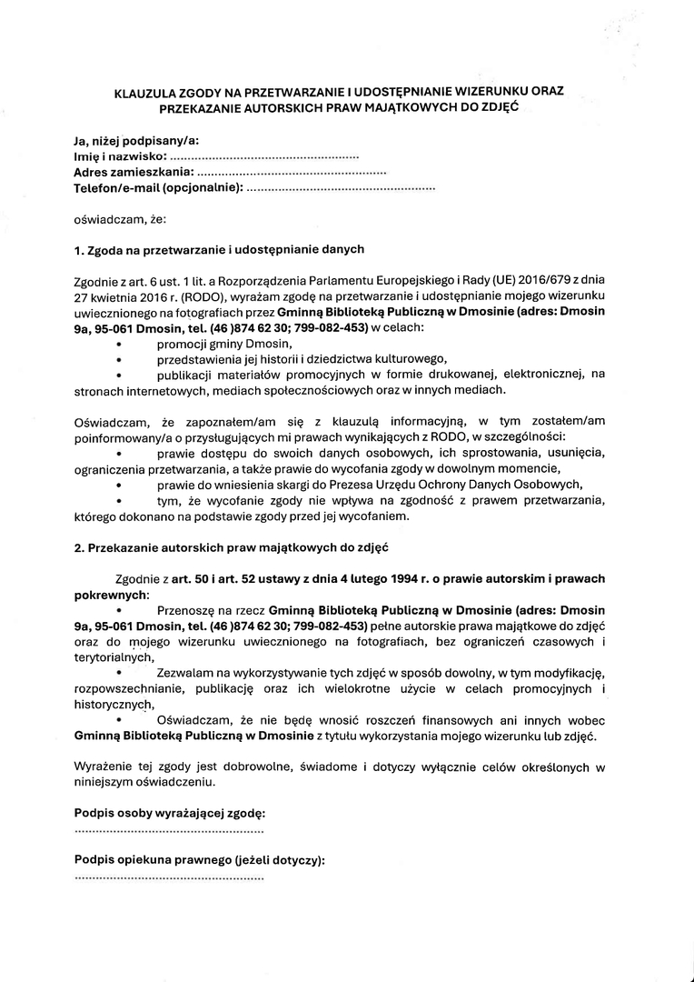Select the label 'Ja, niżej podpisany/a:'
pyautogui.click(x=136, y=141)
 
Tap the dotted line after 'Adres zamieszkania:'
pyautogui.click(x=291, y=172)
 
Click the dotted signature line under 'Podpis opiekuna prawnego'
pyautogui.click(x=169, y=878)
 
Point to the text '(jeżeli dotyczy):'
pyautogui.click(x=279, y=859)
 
